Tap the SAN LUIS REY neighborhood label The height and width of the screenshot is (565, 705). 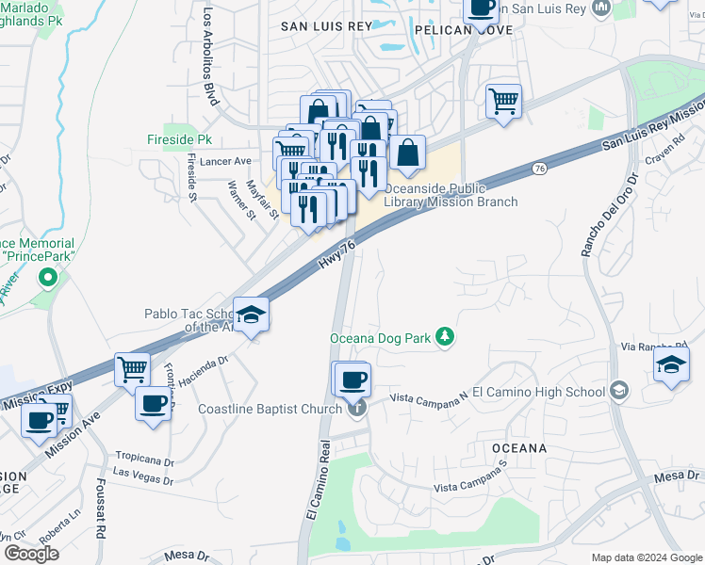pos(327,26)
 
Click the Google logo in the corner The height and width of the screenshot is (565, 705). pos(31,553)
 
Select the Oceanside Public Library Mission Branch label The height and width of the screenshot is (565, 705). pos(451,195)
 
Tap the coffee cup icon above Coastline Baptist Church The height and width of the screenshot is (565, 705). pos(352,379)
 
